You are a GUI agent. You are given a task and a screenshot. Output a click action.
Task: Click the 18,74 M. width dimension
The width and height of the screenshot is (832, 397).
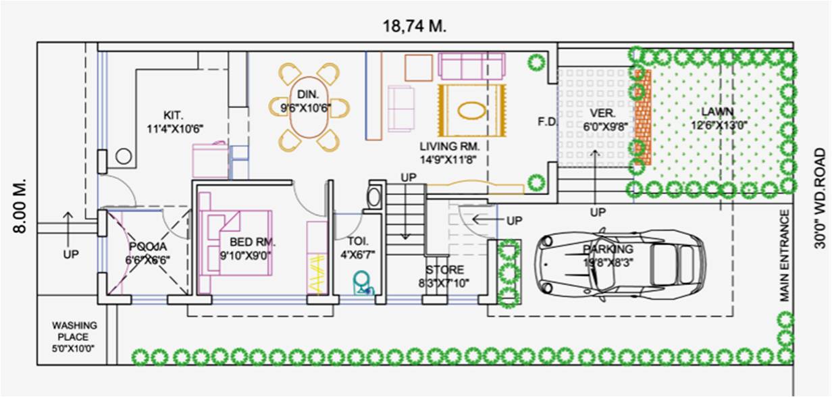coord(415,26)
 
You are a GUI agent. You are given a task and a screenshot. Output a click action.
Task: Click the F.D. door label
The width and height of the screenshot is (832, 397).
coord(546,122)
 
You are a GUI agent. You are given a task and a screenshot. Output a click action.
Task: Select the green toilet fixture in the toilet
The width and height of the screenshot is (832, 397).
coord(363,281)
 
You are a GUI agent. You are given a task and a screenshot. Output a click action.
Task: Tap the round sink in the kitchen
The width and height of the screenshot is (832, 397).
coord(123,157)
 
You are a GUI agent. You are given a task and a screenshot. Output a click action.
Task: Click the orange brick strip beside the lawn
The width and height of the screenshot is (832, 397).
coord(643,116)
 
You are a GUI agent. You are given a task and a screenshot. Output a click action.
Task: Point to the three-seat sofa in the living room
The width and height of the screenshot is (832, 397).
coord(471,65)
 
